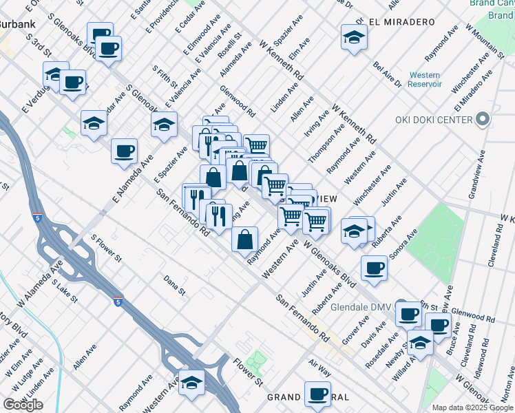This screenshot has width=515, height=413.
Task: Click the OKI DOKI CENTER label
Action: click(434, 120)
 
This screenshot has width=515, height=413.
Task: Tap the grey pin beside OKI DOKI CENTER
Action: click(483, 120)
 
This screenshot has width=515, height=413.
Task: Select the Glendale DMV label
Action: click(361, 307)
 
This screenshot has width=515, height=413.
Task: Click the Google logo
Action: click(23, 404)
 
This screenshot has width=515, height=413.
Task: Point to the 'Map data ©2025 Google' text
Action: click(472, 407)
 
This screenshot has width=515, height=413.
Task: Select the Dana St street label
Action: click(175, 285)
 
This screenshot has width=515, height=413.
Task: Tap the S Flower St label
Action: click(107, 249)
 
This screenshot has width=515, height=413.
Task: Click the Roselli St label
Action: click(230, 44)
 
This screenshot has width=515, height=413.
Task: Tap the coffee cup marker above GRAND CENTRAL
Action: click(318, 394)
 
